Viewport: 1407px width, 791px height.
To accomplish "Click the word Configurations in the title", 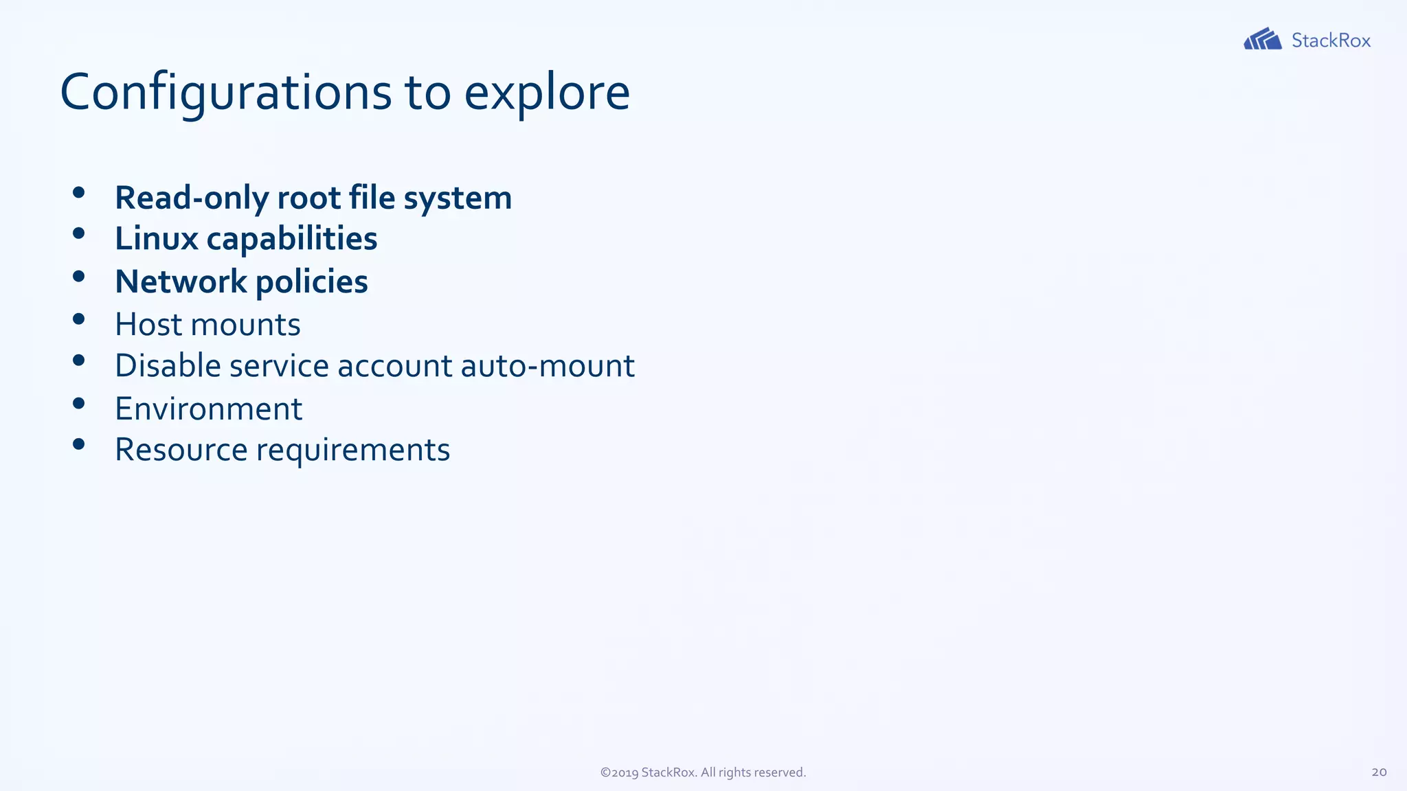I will point(226,93).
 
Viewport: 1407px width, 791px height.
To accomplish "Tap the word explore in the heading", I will point(547,93).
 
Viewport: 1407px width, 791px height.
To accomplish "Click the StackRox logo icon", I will point(1262,39).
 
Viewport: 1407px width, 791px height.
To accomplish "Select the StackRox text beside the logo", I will point(1331,41).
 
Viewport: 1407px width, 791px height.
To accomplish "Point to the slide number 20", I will point(1379,772).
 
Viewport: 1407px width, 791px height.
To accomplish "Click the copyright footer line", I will point(703,772).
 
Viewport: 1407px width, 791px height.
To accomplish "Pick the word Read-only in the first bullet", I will point(192,198).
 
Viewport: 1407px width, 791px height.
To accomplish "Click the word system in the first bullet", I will point(458,198).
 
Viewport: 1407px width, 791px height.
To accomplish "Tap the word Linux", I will point(157,239).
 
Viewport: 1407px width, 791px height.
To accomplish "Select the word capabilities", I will point(292,239).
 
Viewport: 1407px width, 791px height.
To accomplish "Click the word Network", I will point(181,282).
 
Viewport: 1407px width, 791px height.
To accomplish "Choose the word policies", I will point(312,282).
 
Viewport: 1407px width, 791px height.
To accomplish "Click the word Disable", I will point(168,365).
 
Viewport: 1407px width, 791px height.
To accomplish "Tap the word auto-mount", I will point(548,365).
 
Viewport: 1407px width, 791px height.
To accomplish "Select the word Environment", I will point(208,409).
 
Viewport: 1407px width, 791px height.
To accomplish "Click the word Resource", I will point(181,450).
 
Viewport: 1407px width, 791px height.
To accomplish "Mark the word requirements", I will point(353,450).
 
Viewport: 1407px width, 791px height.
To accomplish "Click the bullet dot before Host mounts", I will point(78,319).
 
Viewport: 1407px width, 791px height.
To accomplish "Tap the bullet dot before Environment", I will point(78,403).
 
